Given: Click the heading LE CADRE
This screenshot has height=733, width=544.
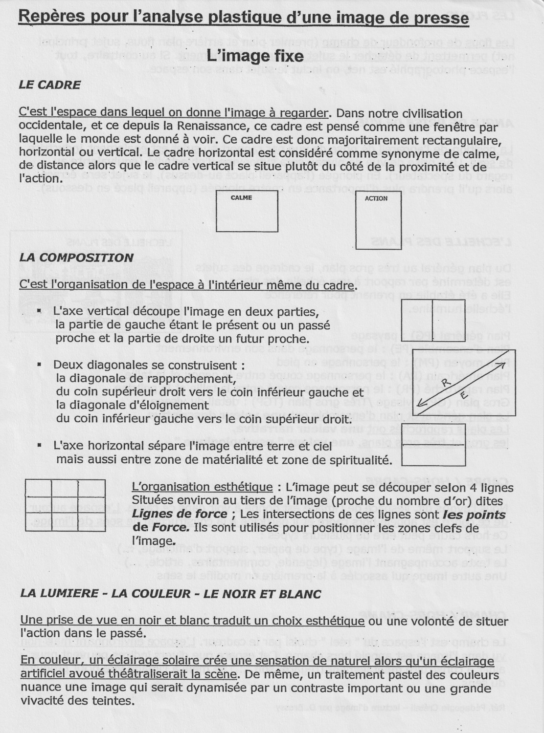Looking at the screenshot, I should click(x=49, y=85).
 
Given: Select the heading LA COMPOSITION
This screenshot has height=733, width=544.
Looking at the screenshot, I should click(x=76, y=258).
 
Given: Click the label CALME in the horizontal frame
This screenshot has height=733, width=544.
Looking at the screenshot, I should click(x=241, y=198).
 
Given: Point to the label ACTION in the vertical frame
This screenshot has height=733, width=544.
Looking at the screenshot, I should click(x=376, y=198).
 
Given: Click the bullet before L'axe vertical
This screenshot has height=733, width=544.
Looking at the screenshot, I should click(x=39, y=311).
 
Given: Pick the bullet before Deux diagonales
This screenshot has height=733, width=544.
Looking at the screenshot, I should click(x=39, y=365).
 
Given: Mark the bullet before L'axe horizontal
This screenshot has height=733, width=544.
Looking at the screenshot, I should click(x=39, y=446).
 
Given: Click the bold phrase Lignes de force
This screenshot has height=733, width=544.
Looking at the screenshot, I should click(x=180, y=514).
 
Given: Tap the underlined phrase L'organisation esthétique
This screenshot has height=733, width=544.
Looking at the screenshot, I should click(x=202, y=487).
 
